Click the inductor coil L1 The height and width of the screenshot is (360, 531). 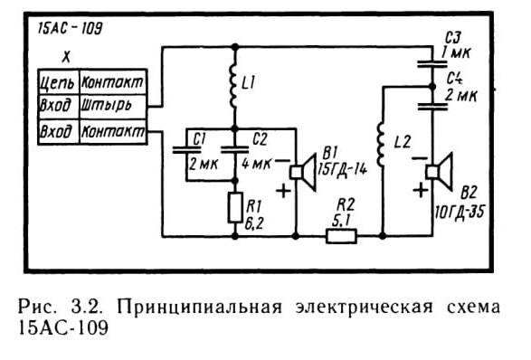233,86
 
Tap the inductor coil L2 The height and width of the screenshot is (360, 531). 381,145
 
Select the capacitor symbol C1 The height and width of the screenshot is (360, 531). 186,149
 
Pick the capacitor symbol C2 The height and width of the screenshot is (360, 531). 234,149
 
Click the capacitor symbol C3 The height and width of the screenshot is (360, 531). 432,64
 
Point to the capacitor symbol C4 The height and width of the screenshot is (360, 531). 432,107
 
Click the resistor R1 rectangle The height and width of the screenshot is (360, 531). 234,208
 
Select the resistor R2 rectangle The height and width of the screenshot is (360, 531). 341,236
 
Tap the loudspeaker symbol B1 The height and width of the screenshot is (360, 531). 303,173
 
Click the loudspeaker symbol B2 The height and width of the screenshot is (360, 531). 440,172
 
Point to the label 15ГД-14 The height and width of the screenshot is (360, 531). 342,168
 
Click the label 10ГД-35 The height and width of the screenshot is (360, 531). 460,213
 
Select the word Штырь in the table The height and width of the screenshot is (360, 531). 107,106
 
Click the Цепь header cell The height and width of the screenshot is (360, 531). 58,81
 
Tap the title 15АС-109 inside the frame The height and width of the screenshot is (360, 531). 70,28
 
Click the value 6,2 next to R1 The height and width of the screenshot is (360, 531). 254,223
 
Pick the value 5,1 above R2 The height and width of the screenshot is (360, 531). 341,221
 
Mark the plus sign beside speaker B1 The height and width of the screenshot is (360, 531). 283,191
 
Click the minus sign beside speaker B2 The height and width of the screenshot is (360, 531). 419,158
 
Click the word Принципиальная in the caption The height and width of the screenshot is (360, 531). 199,308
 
